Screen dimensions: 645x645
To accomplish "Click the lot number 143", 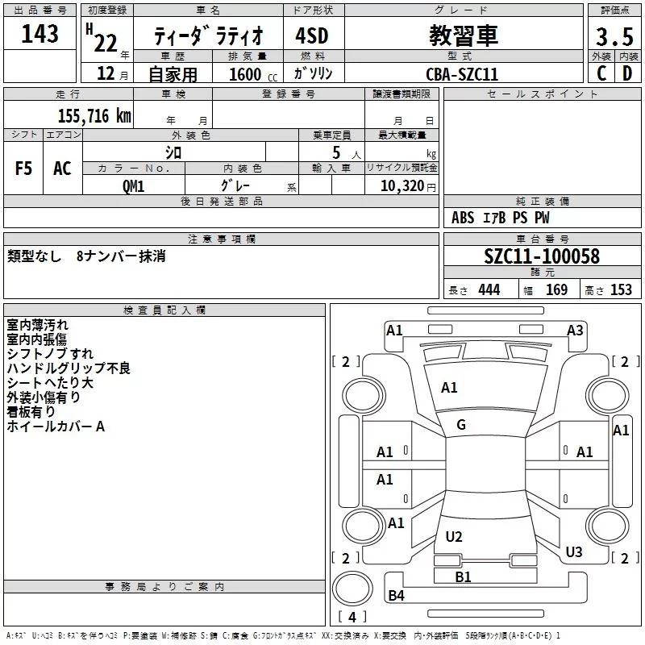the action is coord(40,35).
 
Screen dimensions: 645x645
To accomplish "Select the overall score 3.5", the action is coord(614,37).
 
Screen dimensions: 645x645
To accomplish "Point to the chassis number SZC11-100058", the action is coord(542,256).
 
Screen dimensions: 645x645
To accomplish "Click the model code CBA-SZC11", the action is coord(462,74).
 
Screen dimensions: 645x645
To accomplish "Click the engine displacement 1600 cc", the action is coord(245,74).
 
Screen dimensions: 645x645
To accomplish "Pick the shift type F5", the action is coord(24,169).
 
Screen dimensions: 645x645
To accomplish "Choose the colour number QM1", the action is coord(134,185).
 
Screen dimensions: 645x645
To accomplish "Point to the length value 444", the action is coord(489,290).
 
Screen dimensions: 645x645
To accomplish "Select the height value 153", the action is coord(621,290).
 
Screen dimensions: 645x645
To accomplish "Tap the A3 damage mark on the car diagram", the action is coord(575,330).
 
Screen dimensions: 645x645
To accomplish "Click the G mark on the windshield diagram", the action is coord(461,425).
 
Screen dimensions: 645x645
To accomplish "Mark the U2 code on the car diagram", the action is coord(454,537).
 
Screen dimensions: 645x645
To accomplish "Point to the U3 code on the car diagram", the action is coord(574,552).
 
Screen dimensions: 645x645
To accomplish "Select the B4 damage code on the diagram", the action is coord(396,596).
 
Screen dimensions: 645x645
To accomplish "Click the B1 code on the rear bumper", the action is coord(463,576).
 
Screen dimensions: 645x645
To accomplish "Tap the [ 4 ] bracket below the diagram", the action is coord(352,618).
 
